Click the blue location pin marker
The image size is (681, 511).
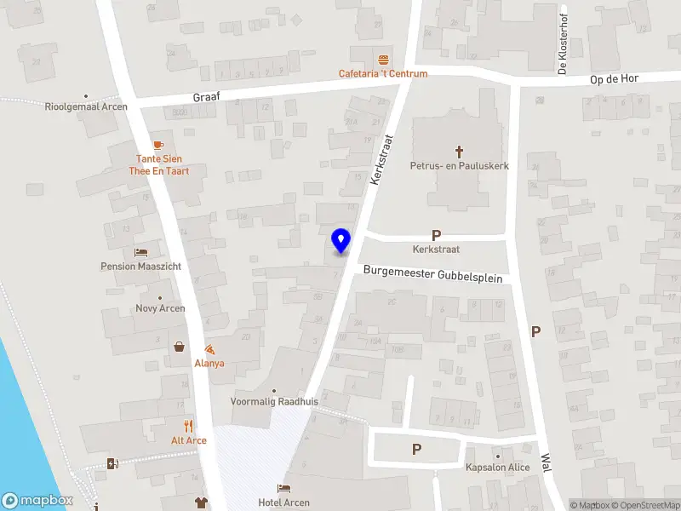click(x=341, y=240)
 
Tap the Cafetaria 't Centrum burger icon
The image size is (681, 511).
click(x=383, y=60)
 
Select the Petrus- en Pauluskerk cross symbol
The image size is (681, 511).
click(x=460, y=152)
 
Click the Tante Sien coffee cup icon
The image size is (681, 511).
click(x=157, y=145)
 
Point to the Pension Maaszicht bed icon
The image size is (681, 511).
click(x=141, y=253)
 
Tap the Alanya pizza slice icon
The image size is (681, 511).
click(x=209, y=350)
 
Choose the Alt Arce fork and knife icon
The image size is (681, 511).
click(x=189, y=426)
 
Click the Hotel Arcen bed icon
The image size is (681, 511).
click(x=285, y=488)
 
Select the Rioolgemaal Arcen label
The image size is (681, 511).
click(x=86, y=106)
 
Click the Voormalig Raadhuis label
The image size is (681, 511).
click(x=273, y=401)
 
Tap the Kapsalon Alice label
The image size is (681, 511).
click(x=498, y=467)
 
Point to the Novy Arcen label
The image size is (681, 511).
click(x=160, y=308)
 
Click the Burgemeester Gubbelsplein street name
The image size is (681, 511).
click(x=433, y=274)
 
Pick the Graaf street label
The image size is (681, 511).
click(x=205, y=97)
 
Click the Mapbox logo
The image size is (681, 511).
click(x=37, y=500)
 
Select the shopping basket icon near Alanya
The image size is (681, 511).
click(x=180, y=347)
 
